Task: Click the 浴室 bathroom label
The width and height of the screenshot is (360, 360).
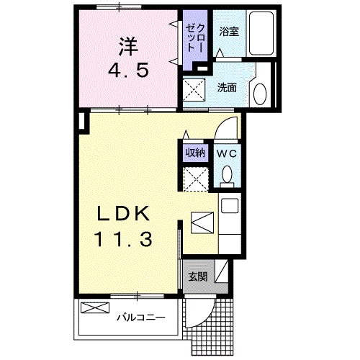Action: pyautogui.click(x=230, y=32)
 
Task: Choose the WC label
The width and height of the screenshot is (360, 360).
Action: pyautogui.click(x=226, y=153)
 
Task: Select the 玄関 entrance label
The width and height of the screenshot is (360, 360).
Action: pyautogui.click(x=197, y=276)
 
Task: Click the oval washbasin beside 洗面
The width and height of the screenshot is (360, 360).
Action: pyautogui.click(x=260, y=93)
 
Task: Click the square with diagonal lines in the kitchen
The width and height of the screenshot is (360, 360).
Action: pyautogui.click(x=202, y=222)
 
